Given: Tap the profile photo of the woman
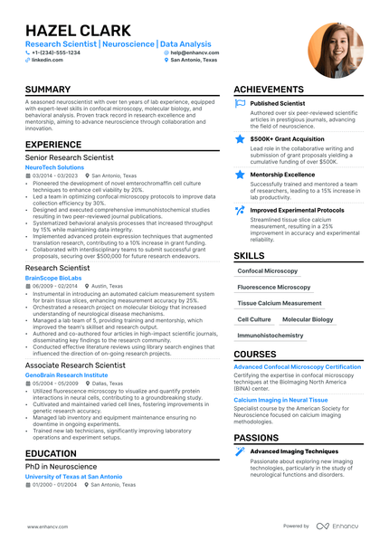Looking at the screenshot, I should point(334,51).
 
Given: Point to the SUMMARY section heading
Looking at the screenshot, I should point(48,90).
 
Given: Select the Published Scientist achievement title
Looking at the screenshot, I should point(278,104).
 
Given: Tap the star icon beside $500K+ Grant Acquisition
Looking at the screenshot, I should point(240,138).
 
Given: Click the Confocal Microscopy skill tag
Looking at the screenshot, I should point(267,270).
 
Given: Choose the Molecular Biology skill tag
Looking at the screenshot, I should point(308,319).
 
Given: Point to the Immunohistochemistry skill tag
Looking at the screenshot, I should point(270,336).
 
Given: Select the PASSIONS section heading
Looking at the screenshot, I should point(256,438).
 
